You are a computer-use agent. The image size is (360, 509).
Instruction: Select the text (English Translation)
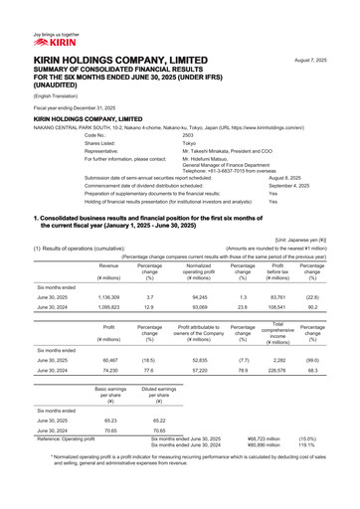pyautogui.click(x=40, y=96)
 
